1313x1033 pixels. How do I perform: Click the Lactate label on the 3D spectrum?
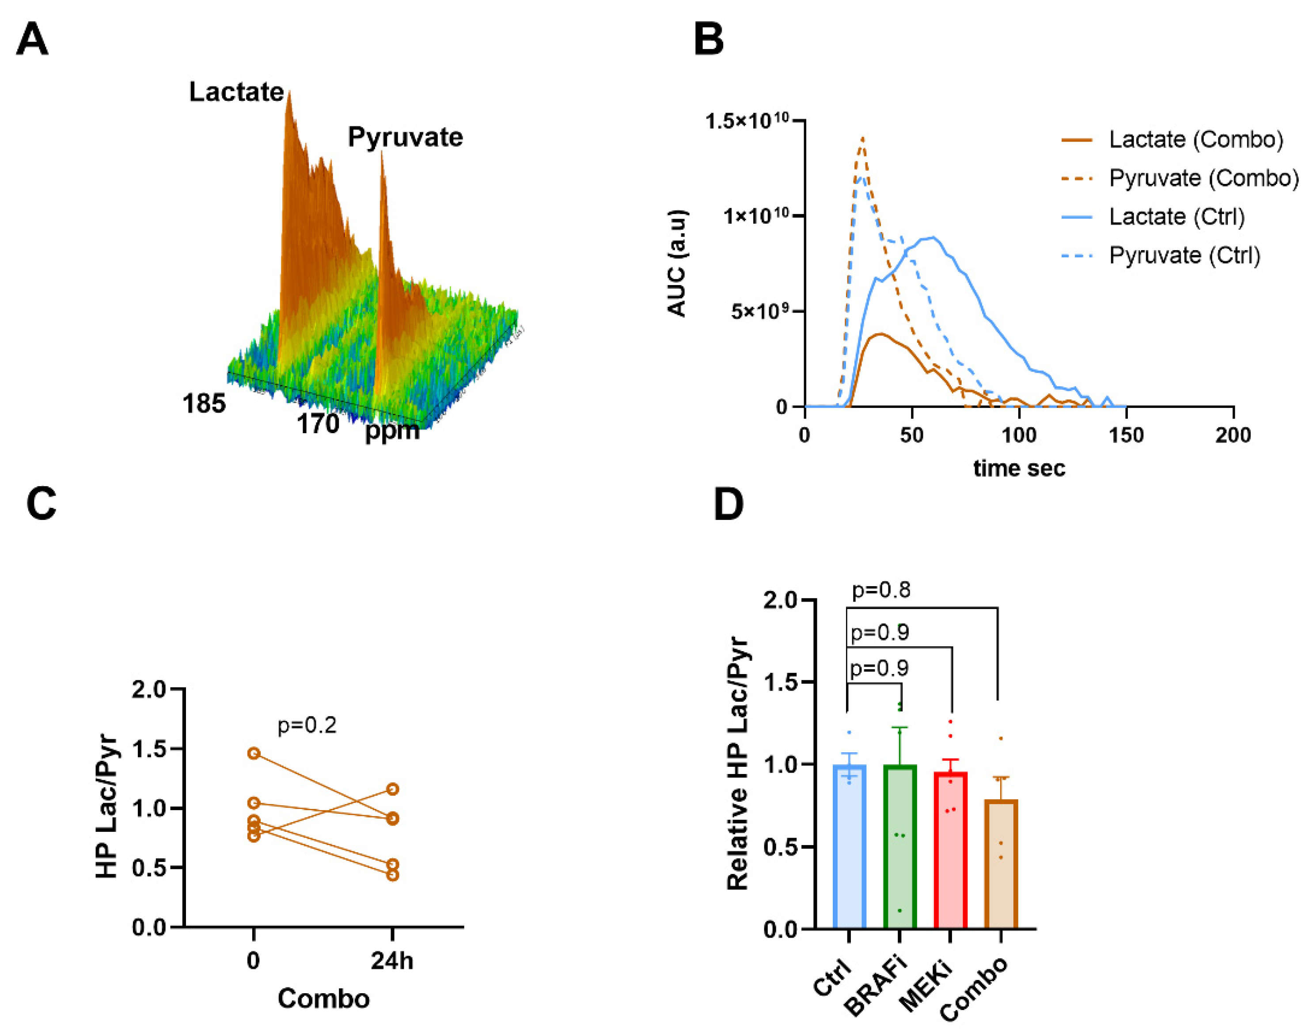click(236, 92)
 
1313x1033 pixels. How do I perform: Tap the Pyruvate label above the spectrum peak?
click(405, 137)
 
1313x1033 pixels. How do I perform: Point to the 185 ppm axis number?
click(204, 404)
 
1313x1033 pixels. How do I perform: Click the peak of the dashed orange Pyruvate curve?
click(862, 138)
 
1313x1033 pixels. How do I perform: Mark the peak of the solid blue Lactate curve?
click(934, 237)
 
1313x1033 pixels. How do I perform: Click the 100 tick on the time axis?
click(1019, 435)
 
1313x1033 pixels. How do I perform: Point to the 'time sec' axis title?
click(1019, 468)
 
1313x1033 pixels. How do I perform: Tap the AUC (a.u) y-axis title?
click(677, 263)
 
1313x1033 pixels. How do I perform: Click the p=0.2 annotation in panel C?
click(307, 724)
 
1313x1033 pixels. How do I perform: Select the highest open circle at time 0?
click(254, 753)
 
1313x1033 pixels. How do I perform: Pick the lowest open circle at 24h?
click(393, 875)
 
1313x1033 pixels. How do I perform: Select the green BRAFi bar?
click(899, 847)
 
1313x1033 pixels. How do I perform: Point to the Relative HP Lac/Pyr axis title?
click(737, 763)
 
